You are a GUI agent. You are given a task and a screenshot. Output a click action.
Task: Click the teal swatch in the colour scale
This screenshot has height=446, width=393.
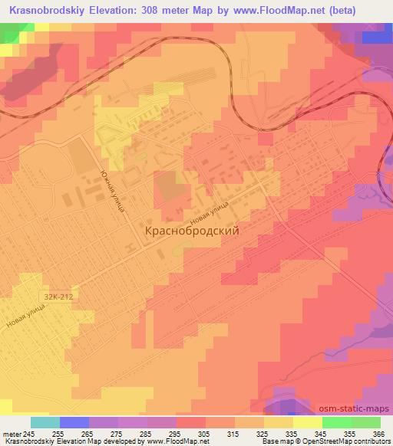click(45, 422)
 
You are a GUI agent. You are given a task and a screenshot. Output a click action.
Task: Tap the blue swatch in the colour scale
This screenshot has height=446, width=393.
click(74, 422)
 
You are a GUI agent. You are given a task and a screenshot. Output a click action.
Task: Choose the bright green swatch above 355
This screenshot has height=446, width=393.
click(336, 422)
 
